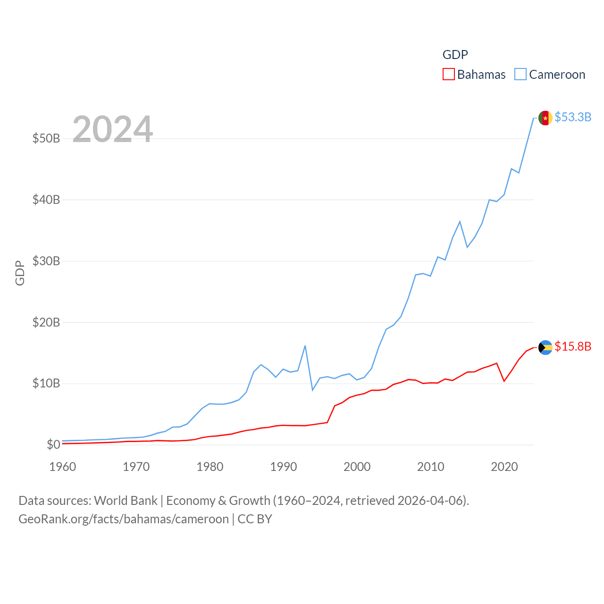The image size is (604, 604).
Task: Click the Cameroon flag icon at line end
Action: tap(545, 118)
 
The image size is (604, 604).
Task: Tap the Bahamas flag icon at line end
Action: tap(545, 347)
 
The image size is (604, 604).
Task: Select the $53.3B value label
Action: tap(573, 117)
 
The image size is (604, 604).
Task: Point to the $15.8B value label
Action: tap(573, 346)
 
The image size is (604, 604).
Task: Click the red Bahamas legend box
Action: tap(448, 74)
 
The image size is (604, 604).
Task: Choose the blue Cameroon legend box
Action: tap(520, 74)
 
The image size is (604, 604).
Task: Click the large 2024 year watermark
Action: tap(113, 129)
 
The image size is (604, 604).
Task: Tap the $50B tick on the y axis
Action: tap(46, 138)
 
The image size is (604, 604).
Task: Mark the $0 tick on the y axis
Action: tap(53, 445)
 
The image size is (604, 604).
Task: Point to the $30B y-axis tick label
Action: tap(46, 261)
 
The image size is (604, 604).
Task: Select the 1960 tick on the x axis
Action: tap(63, 467)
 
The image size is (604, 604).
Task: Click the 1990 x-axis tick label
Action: tap(284, 467)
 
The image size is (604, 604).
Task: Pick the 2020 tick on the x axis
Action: tap(504, 467)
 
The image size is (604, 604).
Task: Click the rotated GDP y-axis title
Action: tap(20, 273)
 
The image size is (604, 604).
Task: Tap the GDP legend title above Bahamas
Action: tap(455, 55)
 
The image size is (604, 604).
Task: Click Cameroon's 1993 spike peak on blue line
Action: tap(305, 346)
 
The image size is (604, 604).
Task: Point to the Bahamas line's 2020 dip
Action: tap(504, 381)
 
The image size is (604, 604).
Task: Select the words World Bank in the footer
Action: tap(126, 500)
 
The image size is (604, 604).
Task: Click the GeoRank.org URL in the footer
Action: tap(124, 519)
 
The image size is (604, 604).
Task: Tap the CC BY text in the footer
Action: tap(255, 519)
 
